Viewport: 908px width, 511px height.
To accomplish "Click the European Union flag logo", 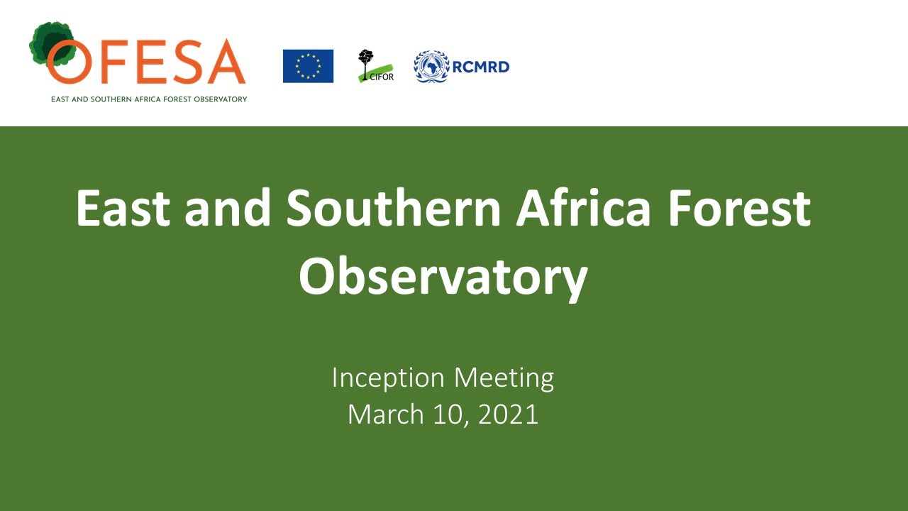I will pos(308,66).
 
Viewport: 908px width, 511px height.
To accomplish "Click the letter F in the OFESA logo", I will pos(118,62).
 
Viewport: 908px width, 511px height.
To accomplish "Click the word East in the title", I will pos(123,208).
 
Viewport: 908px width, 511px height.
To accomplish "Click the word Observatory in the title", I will pos(443,277).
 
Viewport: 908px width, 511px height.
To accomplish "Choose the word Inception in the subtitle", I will pos(388,378).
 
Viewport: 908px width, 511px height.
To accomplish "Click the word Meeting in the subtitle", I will pos(504,378).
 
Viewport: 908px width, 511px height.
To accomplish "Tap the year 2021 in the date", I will pos(508,414).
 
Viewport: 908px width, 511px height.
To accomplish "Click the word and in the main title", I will pos(228,208).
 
